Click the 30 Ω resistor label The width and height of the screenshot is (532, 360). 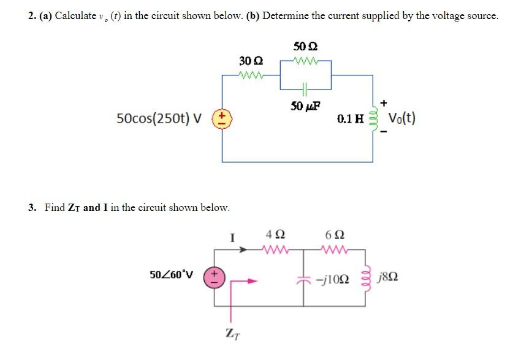(x=251, y=61)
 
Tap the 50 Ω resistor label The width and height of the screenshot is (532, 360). (x=305, y=46)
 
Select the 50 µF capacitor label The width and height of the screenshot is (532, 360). (x=305, y=106)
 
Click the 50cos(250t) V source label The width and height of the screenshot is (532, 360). (x=159, y=118)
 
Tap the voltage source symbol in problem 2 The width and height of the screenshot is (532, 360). (x=222, y=118)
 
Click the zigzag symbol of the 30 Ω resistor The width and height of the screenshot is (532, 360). (x=251, y=76)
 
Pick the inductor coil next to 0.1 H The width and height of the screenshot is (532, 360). (x=372, y=118)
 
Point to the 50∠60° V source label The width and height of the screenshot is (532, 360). (x=171, y=274)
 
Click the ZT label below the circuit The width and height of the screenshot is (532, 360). (x=232, y=334)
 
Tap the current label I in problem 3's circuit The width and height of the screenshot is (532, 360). (x=232, y=237)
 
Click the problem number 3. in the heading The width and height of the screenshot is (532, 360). (x=32, y=207)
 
